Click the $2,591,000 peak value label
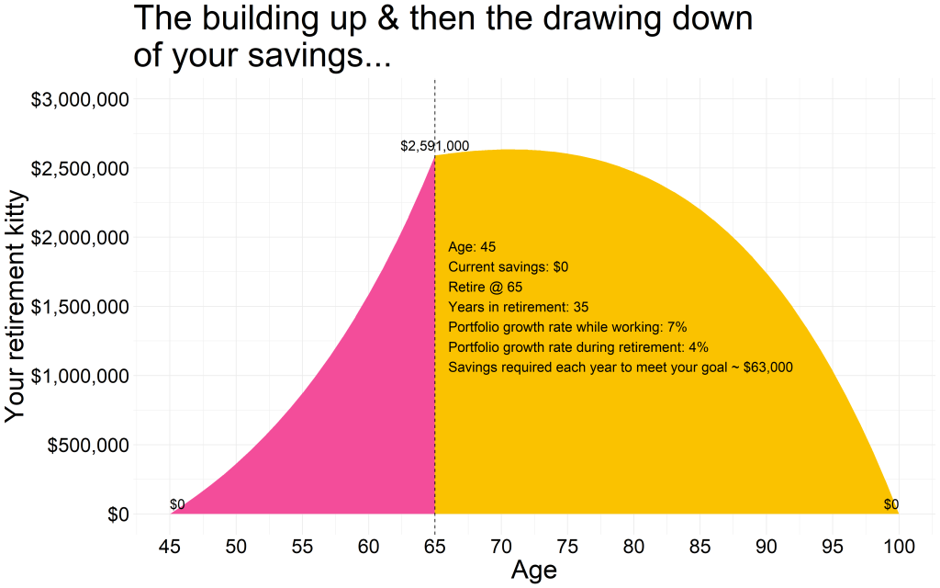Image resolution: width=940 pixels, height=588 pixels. tap(434, 146)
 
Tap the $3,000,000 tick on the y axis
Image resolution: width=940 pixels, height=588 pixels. tap(81, 99)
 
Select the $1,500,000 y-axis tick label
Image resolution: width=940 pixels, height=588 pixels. tap(81, 307)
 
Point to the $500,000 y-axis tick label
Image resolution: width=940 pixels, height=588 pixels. tap(88, 446)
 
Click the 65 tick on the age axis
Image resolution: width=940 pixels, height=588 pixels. tap(434, 547)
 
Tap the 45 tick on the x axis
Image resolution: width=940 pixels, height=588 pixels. tap(170, 547)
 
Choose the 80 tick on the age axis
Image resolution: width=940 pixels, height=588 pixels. tap(633, 547)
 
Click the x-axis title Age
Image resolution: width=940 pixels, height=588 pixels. tap(533, 571)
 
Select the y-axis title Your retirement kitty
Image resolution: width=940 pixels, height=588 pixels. tap(16, 307)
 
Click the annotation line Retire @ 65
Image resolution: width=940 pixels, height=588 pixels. tap(485, 287)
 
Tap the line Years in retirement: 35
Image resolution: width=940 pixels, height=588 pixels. tap(519, 307)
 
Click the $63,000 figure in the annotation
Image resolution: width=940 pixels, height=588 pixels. tap(768, 367)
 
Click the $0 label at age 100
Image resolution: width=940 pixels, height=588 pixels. tap(891, 504)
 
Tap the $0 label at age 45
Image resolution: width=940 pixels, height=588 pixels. tap(177, 504)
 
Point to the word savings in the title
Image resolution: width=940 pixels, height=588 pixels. tap(306, 56)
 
